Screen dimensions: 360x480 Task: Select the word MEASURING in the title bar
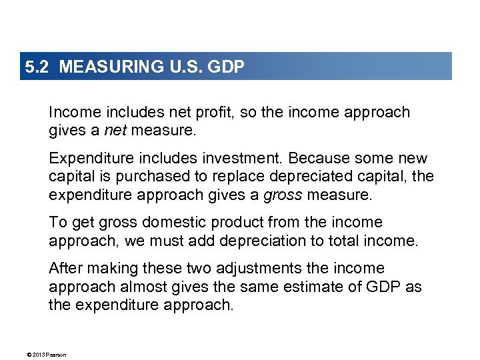point(101,67)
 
